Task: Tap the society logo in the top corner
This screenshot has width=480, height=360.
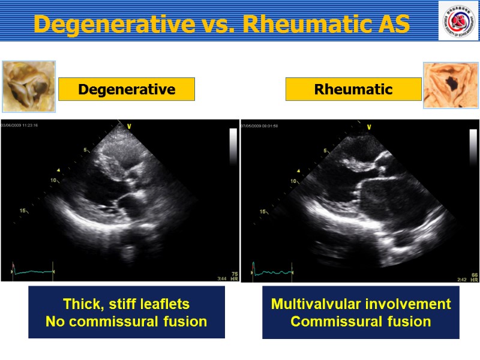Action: click(458, 21)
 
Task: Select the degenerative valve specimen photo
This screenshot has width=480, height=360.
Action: click(28, 86)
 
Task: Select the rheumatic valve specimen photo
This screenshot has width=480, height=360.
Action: click(451, 85)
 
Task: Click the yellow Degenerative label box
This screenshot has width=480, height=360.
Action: click(127, 89)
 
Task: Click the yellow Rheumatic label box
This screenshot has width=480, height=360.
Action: click(353, 89)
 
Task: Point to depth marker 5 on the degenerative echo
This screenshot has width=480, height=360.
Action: click(86, 150)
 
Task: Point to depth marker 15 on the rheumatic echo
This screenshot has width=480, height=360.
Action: click(263, 211)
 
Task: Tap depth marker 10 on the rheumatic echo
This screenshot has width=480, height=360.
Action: click(293, 181)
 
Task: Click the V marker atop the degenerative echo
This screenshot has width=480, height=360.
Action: click(128, 127)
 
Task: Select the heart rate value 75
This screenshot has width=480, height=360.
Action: click(234, 273)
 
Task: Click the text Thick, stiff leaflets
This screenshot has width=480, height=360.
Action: click(127, 304)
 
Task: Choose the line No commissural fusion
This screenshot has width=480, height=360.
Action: click(127, 322)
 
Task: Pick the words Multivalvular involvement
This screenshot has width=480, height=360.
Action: click(361, 304)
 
